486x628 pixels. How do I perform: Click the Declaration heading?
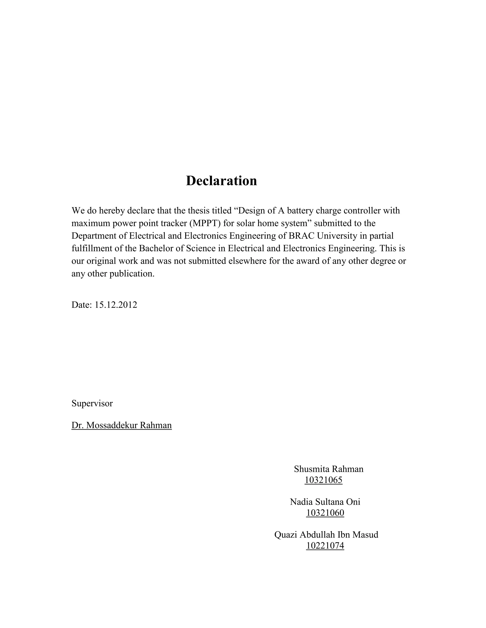(221, 181)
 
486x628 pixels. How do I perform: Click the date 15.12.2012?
(116, 305)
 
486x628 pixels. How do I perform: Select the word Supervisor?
(92, 403)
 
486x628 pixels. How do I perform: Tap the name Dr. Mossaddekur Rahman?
(121, 425)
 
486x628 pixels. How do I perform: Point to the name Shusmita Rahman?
(328, 469)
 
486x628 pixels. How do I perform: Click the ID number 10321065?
(323, 480)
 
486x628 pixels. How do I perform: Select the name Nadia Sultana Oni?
(325, 502)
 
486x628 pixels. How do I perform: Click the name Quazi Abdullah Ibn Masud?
(326, 535)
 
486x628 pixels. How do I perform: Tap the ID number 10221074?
(325, 546)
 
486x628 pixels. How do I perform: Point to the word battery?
(300, 210)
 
